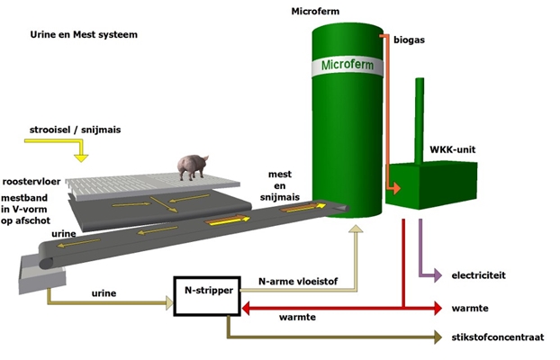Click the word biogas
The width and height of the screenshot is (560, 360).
[411, 40]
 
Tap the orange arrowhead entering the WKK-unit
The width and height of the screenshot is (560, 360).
[393, 189]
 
